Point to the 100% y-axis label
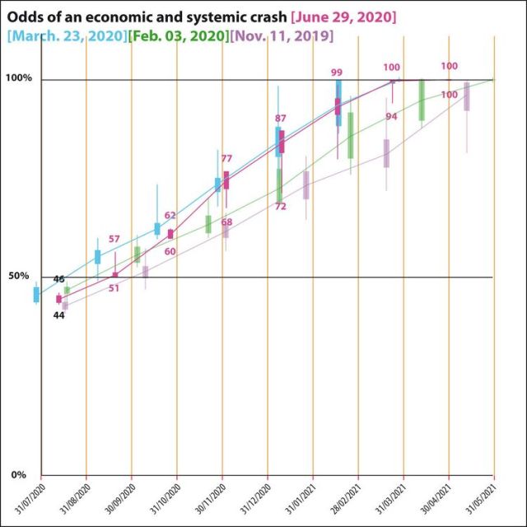18,78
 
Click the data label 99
336,72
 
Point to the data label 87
281,119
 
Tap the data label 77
226,159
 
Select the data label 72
280,207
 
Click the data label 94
391,117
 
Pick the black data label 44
58,315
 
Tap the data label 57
114,239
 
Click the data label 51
114,288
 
